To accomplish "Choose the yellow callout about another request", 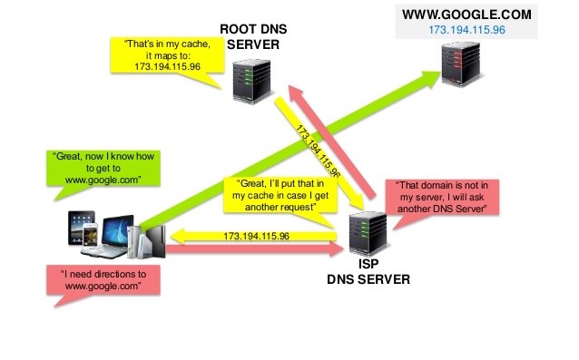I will (275, 195).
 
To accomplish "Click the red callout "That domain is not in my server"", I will (443, 197).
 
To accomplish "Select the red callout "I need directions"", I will (103, 278).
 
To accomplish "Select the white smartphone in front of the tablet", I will (89, 240).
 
